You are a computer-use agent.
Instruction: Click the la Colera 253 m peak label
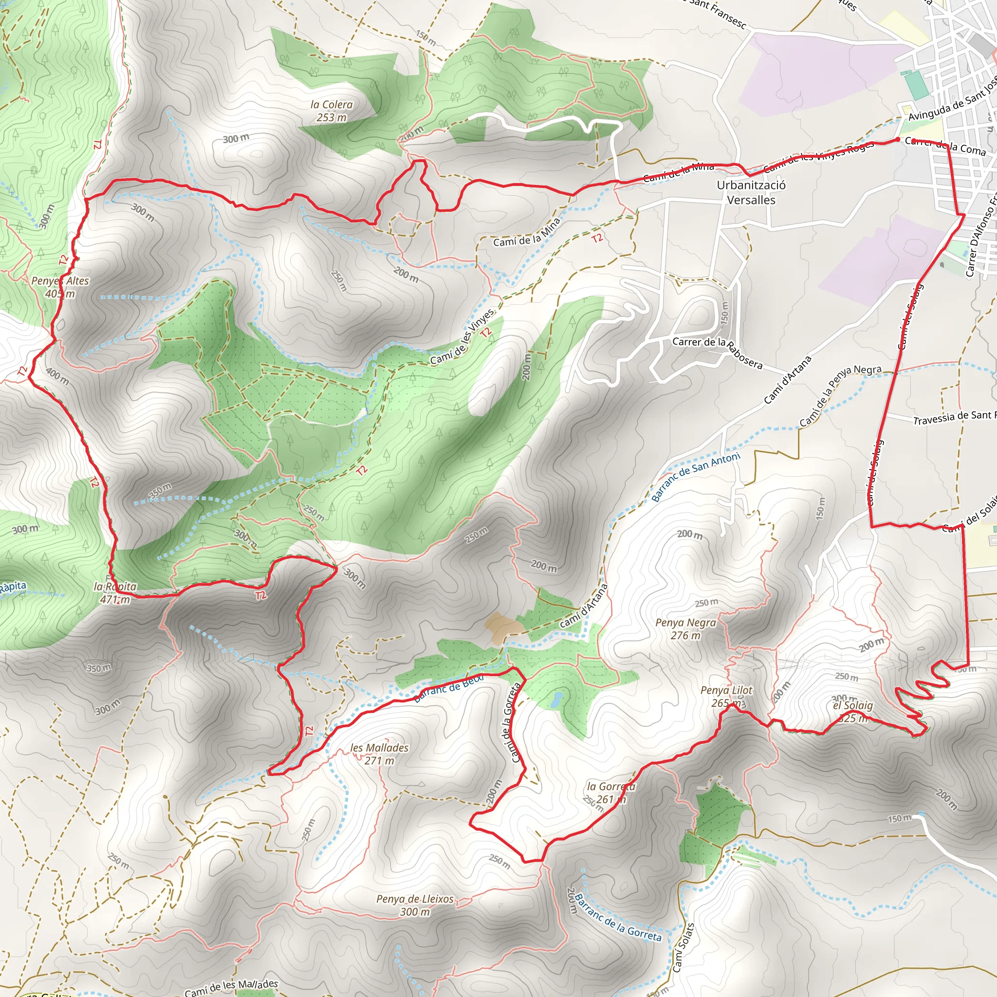tap(332, 111)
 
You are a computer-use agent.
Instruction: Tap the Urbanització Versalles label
tap(751, 192)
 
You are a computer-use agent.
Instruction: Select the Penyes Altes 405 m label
tap(60, 287)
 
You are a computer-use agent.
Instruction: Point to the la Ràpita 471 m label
tap(115, 593)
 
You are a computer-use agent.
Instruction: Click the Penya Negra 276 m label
tap(685, 629)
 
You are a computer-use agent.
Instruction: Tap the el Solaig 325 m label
tap(853, 712)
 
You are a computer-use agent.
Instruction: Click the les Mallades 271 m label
tap(379, 754)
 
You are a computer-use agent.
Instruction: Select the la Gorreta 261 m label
tap(611, 793)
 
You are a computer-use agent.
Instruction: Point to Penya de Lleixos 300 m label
tap(415, 905)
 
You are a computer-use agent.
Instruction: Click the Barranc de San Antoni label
tap(695, 477)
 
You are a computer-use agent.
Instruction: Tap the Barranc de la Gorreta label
tap(618, 918)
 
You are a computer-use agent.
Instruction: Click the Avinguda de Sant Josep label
tap(953, 98)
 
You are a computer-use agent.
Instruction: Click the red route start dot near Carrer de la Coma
tap(897, 139)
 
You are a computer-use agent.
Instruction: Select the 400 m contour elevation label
tap(57, 376)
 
